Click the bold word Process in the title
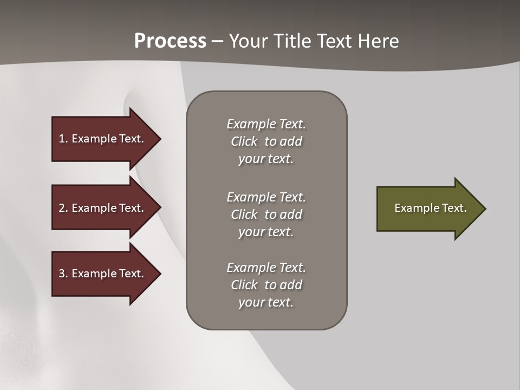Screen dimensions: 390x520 coord(170,41)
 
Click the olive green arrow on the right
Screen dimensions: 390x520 coord(428,209)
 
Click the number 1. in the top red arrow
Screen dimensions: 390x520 coord(63,139)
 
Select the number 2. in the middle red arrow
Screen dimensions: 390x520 coord(63,208)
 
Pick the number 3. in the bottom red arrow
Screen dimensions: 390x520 coord(63,274)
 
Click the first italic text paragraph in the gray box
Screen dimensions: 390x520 coord(266,141)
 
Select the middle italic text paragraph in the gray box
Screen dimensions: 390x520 coord(266,214)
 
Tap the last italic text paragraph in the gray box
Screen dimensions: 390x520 coord(266,285)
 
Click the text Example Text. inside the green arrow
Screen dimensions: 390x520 coord(430,208)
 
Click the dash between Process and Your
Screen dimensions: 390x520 coord(217,42)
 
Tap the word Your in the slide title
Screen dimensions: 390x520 coord(250,41)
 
